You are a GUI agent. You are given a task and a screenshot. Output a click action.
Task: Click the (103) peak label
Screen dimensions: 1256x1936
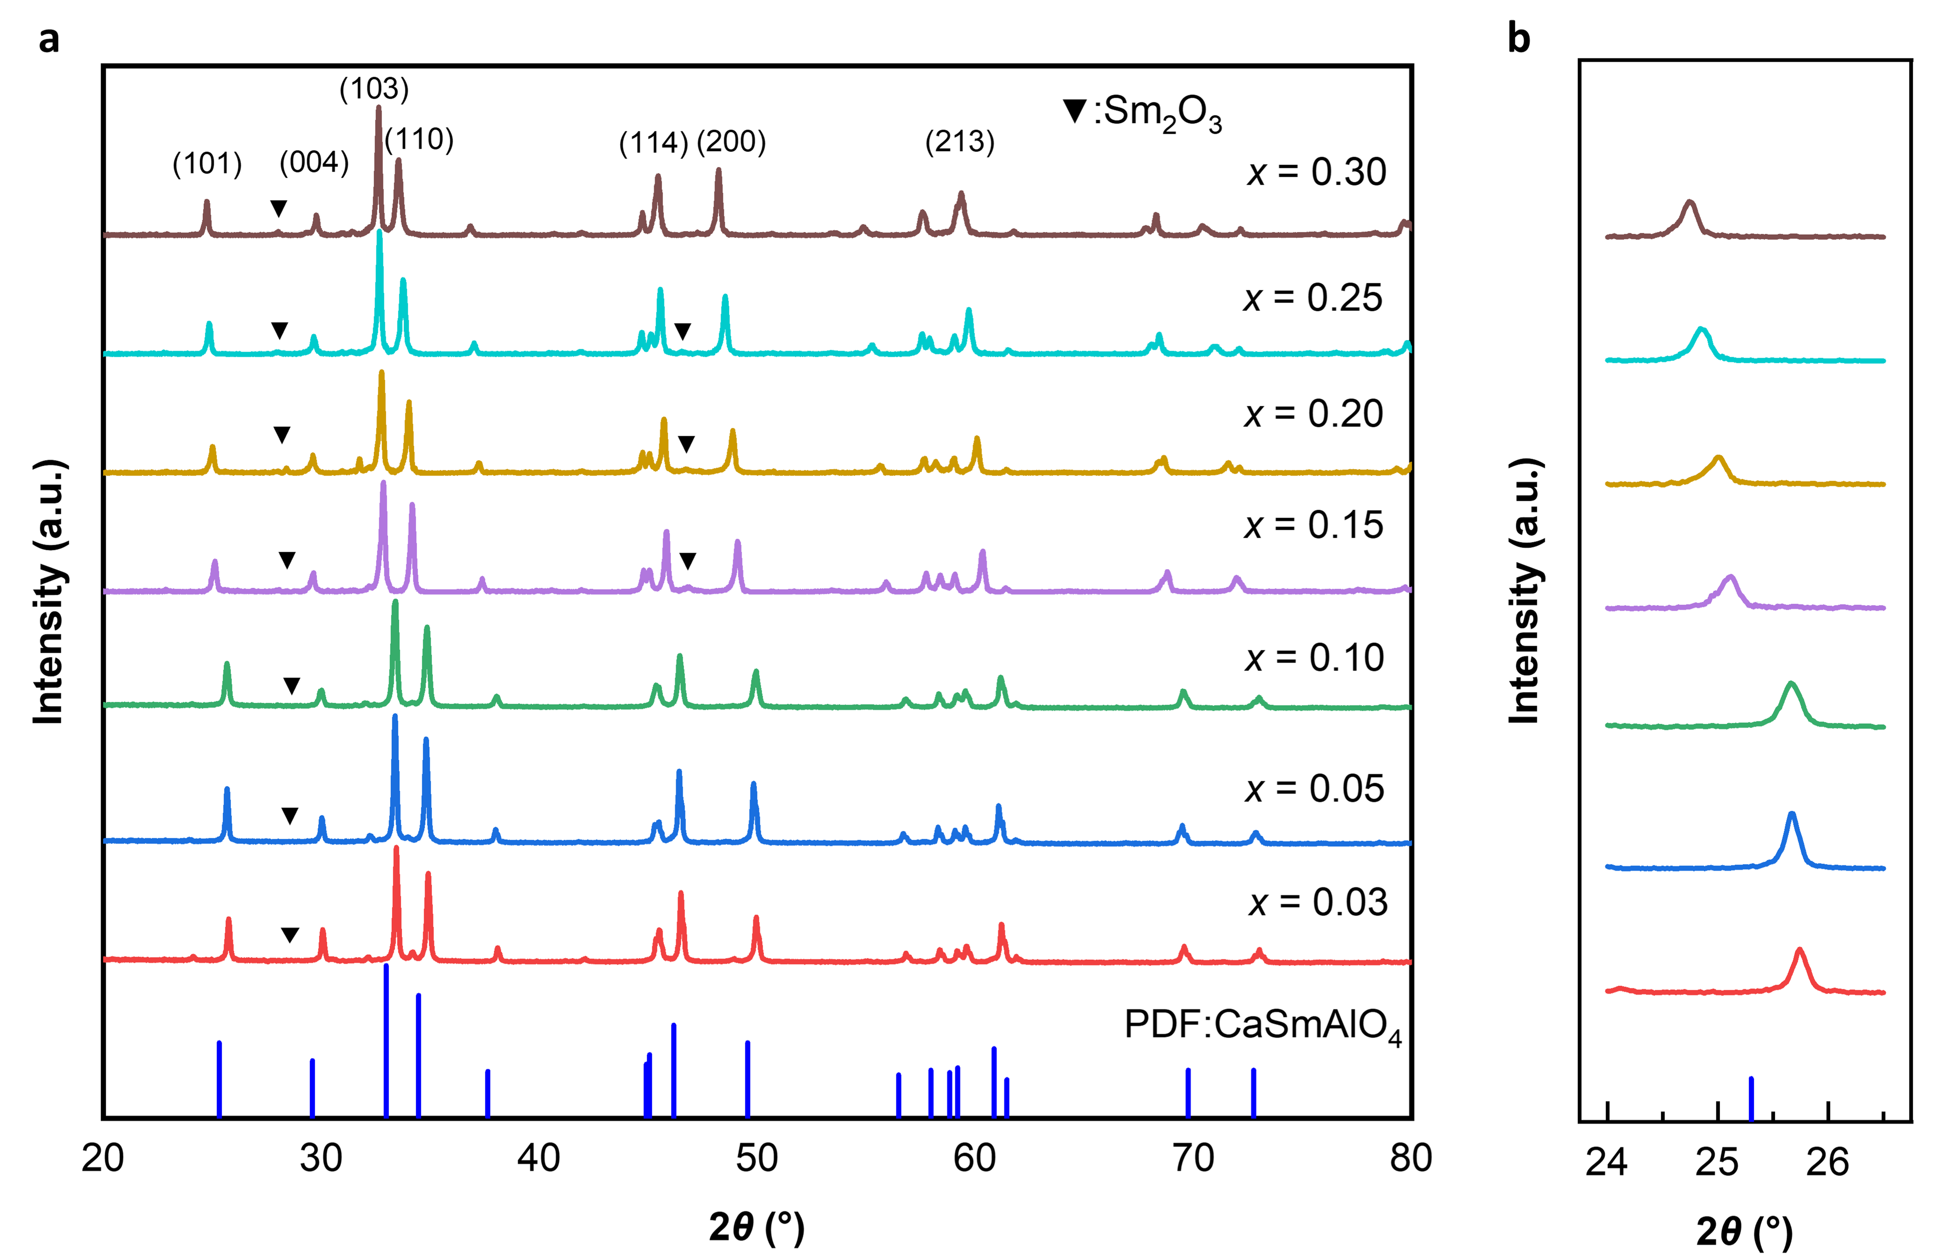point(374,89)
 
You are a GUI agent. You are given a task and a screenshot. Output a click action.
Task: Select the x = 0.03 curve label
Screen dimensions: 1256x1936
point(1318,902)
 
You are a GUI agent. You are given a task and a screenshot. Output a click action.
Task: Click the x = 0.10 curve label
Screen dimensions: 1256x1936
point(1314,657)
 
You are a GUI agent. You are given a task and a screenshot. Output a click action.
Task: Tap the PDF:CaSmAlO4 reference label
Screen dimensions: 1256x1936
point(1262,1025)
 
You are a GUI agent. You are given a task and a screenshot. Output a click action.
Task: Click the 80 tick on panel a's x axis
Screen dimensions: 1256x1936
point(1411,1158)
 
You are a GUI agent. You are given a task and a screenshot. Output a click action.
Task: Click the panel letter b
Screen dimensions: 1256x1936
point(1518,38)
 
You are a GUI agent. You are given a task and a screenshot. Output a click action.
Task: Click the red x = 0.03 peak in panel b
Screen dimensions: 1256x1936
point(1799,952)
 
